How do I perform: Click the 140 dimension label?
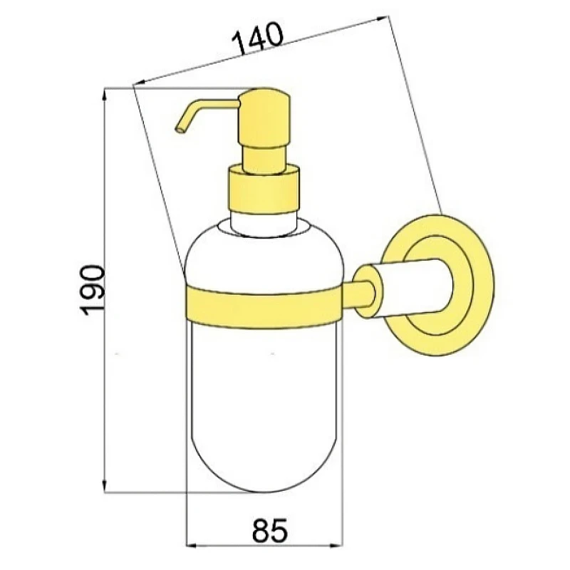[x=257, y=38]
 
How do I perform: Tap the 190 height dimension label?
[x=92, y=291]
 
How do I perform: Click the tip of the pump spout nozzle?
[x=178, y=130]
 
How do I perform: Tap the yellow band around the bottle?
[x=264, y=306]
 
